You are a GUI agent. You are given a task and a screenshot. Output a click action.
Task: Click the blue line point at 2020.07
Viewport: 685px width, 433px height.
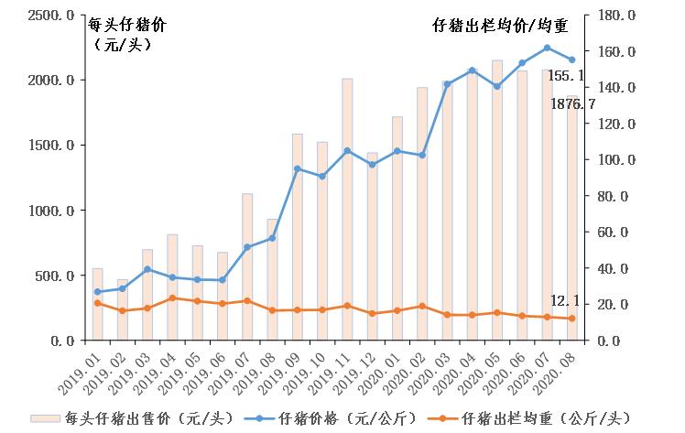(x=547, y=48)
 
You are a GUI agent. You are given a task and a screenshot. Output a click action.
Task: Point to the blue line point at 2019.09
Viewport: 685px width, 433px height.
(x=297, y=168)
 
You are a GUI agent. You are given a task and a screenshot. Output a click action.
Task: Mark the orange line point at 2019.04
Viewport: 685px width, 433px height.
(x=172, y=298)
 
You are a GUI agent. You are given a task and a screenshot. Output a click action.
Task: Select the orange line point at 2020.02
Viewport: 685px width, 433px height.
(x=422, y=306)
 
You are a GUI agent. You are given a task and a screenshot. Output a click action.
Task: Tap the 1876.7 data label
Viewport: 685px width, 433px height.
(x=572, y=104)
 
